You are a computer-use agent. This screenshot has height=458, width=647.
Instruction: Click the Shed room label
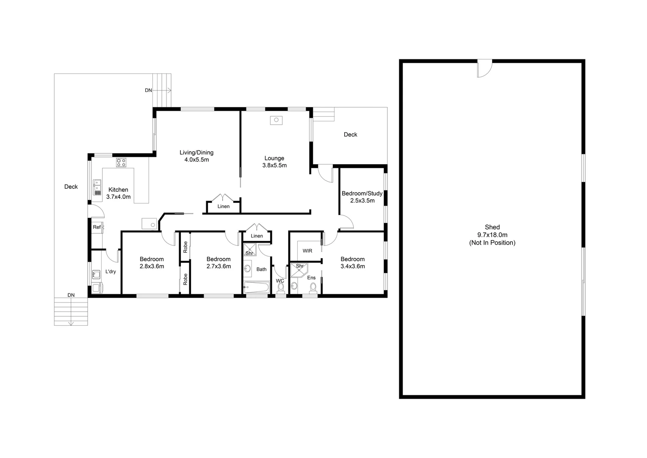tap(492, 235)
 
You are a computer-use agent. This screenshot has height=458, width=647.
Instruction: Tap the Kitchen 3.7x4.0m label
tap(118, 193)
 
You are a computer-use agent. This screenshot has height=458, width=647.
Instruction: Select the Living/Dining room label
tap(196, 156)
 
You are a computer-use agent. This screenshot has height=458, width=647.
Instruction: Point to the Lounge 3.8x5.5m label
tap(274, 162)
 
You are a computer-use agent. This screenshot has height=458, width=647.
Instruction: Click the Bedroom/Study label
tap(362, 197)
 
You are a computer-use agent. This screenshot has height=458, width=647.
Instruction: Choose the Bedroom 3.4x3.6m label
tap(352, 263)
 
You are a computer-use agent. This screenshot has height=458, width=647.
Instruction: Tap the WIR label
tap(307, 251)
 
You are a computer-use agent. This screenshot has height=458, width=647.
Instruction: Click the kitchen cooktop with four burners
tap(121, 162)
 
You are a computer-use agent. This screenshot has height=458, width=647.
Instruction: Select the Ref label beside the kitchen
tap(97, 227)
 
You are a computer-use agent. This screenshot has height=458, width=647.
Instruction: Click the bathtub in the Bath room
tap(257, 288)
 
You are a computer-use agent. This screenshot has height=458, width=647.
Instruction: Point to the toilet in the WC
tap(280, 288)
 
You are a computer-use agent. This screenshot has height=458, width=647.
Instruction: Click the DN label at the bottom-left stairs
tap(71, 295)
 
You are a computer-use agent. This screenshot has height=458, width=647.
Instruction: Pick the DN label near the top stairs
tap(148, 90)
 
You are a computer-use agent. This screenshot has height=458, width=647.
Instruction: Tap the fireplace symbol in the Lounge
tap(276, 120)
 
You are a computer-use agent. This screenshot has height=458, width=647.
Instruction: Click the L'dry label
tap(111, 271)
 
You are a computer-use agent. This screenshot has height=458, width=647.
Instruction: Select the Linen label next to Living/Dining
tap(224, 207)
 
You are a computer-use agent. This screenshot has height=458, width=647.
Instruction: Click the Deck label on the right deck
tap(350, 134)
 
